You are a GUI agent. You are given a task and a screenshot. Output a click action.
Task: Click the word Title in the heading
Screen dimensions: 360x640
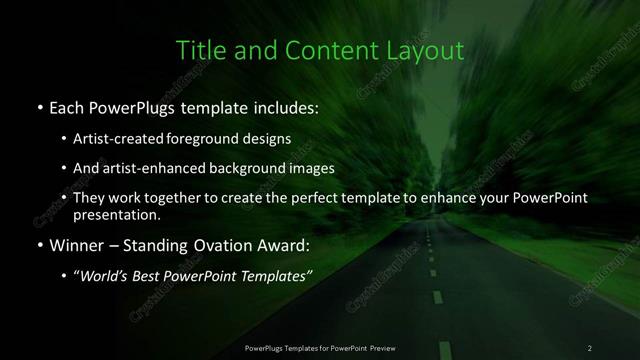tap(200, 50)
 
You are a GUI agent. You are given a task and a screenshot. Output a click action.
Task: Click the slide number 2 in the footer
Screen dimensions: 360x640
tap(590, 348)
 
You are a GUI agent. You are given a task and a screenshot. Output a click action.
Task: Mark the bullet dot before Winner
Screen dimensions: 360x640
tap(38, 245)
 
